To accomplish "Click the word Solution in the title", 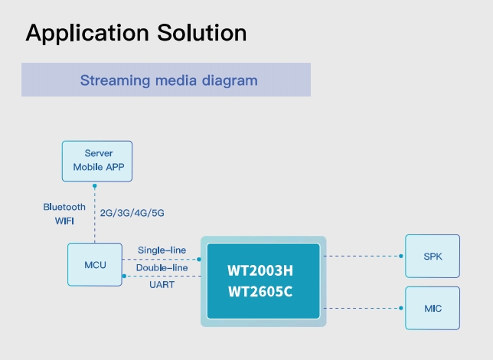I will click(x=201, y=33).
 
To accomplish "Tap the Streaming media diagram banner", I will click(x=166, y=80).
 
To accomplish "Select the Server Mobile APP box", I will click(x=97, y=160).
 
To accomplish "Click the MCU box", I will click(x=95, y=264).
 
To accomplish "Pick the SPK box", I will click(x=433, y=256).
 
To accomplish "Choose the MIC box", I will click(x=433, y=308).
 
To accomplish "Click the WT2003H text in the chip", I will click(x=262, y=270).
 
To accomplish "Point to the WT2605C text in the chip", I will click(x=262, y=292).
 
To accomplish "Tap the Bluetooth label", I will click(x=64, y=207).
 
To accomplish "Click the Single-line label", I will click(x=161, y=250).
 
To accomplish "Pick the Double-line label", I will click(x=162, y=267).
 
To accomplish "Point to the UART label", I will click(x=162, y=285).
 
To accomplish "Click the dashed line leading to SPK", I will click(x=363, y=256).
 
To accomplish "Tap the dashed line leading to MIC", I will click(x=363, y=308).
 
